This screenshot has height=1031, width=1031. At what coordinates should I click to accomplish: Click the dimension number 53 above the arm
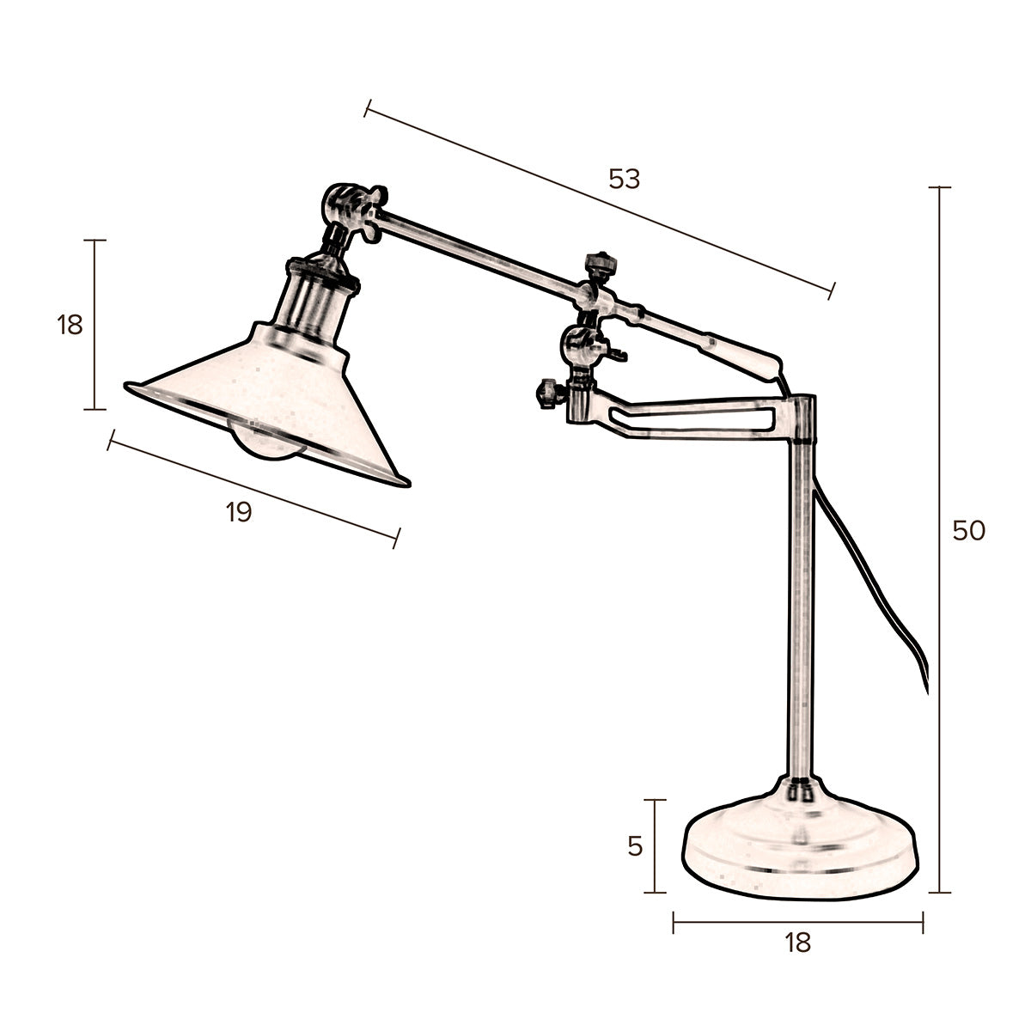pyautogui.click(x=625, y=180)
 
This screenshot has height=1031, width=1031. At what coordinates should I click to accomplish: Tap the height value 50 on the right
pyautogui.click(x=968, y=531)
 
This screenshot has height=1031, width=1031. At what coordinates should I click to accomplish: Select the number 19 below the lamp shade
pyautogui.click(x=239, y=513)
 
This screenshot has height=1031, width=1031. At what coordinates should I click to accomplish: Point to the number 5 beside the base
pyautogui.click(x=635, y=846)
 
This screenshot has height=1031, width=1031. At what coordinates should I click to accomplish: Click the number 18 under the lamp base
pyautogui.click(x=797, y=943)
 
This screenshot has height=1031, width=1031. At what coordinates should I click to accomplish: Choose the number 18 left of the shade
pyautogui.click(x=70, y=326)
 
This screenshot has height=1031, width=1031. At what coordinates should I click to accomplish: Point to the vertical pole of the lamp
pyautogui.click(x=801, y=601)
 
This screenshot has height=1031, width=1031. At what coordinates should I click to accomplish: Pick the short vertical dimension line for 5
pyautogui.click(x=656, y=846)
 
